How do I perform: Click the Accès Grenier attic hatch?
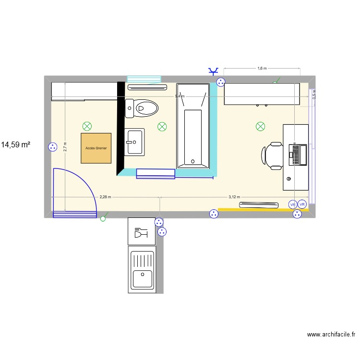tap(96, 148)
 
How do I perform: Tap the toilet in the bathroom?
tap(142, 108)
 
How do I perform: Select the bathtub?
tap(193, 126)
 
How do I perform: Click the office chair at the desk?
tap(273, 156)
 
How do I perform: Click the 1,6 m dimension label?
tap(262, 69)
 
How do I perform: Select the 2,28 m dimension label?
tap(105, 197)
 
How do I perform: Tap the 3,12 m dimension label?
tap(234, 197)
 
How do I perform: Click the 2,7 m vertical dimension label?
tap(65, 147)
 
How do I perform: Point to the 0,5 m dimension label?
tap(314, 94)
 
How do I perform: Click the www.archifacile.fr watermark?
tap(331, 335)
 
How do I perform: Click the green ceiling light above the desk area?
tap(260, 126)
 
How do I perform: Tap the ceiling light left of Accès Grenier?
tap(87, 126)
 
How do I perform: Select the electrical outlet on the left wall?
tap(51, 147)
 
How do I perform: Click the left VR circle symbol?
tap(292, 204)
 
